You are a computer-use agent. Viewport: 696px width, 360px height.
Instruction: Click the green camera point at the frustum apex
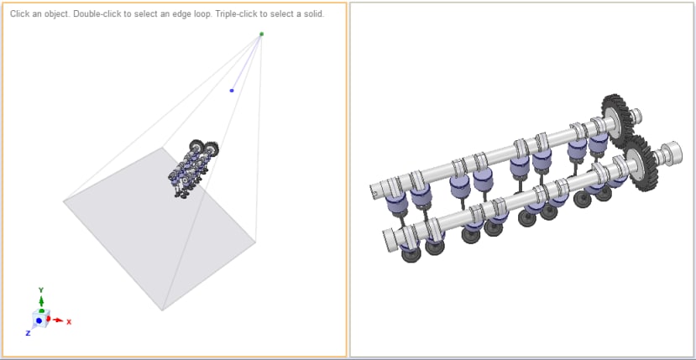[261, 34]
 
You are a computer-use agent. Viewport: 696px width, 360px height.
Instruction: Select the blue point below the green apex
[232, 90]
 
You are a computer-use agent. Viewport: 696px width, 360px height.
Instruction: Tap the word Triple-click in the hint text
[218, 14]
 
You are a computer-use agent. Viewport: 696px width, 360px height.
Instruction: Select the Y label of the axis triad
[41, 290]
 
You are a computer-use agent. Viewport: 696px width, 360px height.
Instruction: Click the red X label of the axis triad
[69, 321]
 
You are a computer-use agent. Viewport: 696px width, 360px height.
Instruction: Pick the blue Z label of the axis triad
[28, 333]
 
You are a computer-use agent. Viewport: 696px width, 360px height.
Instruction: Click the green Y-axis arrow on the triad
[41, 301]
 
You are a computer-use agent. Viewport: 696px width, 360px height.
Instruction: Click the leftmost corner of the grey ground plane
[64, 201]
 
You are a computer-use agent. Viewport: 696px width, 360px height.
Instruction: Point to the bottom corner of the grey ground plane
[162, 310]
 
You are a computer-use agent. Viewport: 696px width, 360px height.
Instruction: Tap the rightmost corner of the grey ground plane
[255, 243]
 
